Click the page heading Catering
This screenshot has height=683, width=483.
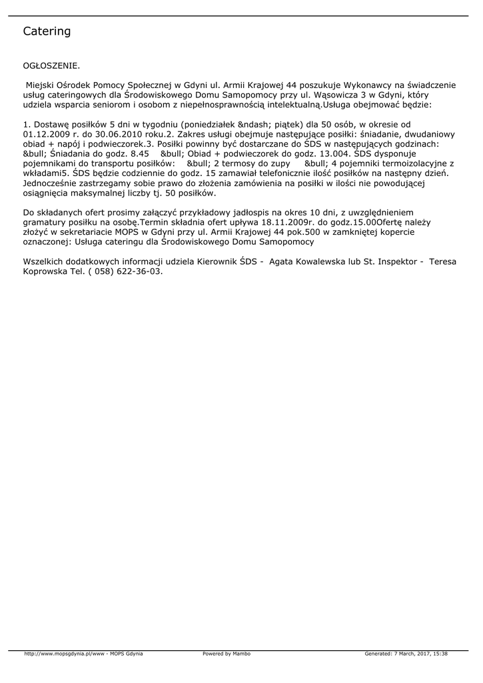click(x=47, y=31)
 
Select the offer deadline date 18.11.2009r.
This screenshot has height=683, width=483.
click(x=288, y=222)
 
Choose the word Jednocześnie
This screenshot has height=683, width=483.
click(x=53, y=183)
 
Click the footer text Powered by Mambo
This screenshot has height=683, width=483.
click(x=227, y=654)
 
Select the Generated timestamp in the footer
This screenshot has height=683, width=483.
click(x=406, y=654)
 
